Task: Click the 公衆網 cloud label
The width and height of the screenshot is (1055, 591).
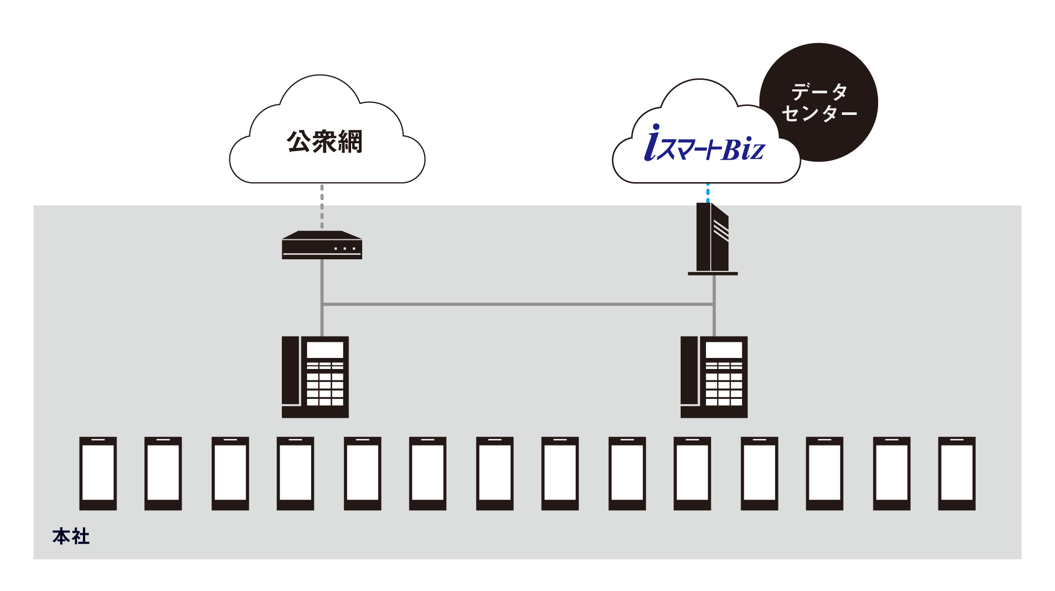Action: point(324,141)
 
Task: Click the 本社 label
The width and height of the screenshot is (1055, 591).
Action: point(71,536)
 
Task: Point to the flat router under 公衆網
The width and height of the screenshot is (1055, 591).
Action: point(322,245)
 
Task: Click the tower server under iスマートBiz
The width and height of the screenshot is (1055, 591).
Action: point(712,239)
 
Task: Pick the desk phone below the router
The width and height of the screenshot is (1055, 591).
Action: point(315,377)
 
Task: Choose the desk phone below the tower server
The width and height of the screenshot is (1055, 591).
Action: point(714,377)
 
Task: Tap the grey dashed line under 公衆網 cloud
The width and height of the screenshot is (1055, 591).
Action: point(322,207)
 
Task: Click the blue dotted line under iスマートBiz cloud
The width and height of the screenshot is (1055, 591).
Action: point(708,193)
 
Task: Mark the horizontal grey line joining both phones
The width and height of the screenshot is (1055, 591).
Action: point(518,304)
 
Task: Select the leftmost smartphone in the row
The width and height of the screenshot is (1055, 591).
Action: point(98,473)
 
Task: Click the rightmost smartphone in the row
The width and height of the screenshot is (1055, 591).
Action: point(957,473)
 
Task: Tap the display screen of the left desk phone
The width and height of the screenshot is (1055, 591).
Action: point(325,350)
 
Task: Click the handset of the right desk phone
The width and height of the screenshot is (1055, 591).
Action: point(689,371)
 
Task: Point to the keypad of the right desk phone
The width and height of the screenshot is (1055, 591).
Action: point(724,384)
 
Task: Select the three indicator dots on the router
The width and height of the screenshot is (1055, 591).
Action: point(345,248)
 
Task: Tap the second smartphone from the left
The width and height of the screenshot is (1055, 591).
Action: point(163,473)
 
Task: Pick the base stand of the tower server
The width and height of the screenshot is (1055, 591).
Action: point(713,273)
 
